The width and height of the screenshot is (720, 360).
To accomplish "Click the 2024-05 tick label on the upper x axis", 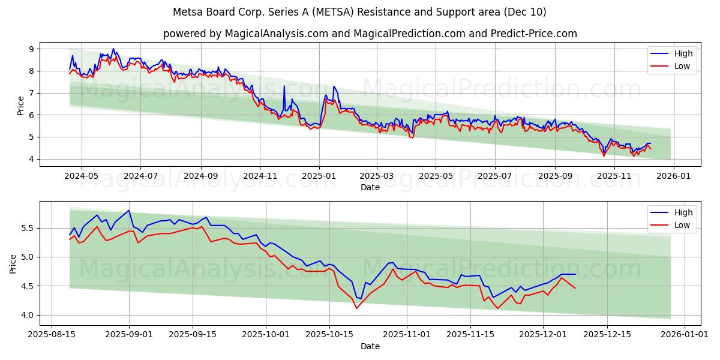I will tap(80, 176).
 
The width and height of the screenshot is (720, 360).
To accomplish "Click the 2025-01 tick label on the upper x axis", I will tap(319, 176).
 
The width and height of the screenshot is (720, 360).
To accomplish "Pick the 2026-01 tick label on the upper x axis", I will tap(673, 176).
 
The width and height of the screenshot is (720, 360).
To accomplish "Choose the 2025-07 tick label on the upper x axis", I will tap(494, 176).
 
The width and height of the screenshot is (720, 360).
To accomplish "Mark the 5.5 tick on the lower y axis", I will tap(28, 229).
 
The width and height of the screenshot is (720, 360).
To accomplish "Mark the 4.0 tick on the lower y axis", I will tap(28, 315).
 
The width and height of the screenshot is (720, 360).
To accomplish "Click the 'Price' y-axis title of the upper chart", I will tap(21, 105).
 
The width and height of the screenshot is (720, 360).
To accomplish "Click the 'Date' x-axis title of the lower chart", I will tap(370, 346).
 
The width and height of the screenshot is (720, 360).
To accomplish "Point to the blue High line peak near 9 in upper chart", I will tap(113, 49).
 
